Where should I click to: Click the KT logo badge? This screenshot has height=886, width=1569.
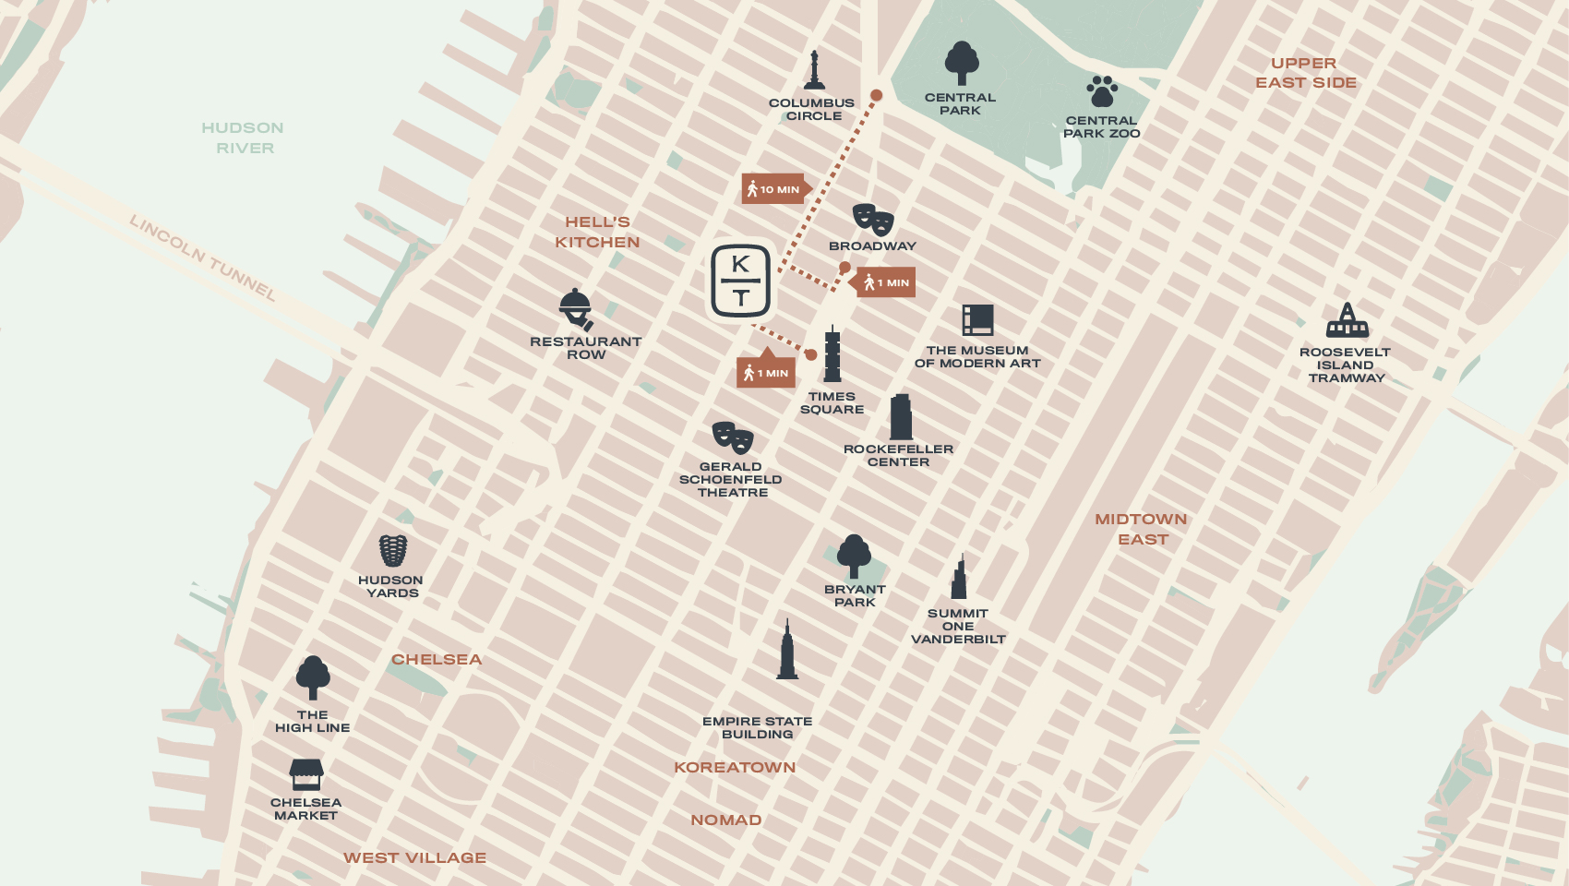click(740, 281)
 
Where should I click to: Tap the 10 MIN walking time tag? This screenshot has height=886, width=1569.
click(774, 189)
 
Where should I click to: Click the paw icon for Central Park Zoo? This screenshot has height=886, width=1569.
click(1101, 91)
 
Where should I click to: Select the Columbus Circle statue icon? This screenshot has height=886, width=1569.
click(814, 70)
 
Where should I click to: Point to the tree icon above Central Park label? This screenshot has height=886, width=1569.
click(961, 63)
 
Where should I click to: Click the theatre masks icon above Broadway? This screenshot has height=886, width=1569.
click(872, 220)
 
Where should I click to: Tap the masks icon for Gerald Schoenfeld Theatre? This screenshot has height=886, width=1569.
click(733, 437)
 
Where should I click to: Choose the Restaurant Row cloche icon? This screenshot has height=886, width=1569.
click(576, 309)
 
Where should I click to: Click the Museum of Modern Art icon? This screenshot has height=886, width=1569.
click(977, 320)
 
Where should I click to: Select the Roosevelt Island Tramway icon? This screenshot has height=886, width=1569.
click(1347, 321)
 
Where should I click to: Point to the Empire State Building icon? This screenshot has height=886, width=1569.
click(787, 650)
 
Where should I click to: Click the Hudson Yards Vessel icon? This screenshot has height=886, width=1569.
click(392, 550)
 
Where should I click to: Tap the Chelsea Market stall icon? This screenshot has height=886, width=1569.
click(306, 774)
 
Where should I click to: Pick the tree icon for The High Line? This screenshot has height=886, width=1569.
click(313, 677)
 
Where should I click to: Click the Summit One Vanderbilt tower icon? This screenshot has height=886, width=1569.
click(959, 578)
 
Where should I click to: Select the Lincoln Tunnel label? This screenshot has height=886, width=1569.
click(202, 257)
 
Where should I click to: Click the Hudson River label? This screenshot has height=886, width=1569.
click(243, 138)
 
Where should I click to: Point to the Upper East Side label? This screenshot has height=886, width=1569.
click(1305, 73)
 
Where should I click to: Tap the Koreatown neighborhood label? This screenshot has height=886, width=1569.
click(735, 767)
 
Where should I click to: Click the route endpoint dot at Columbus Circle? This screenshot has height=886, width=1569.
click(877, 95)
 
